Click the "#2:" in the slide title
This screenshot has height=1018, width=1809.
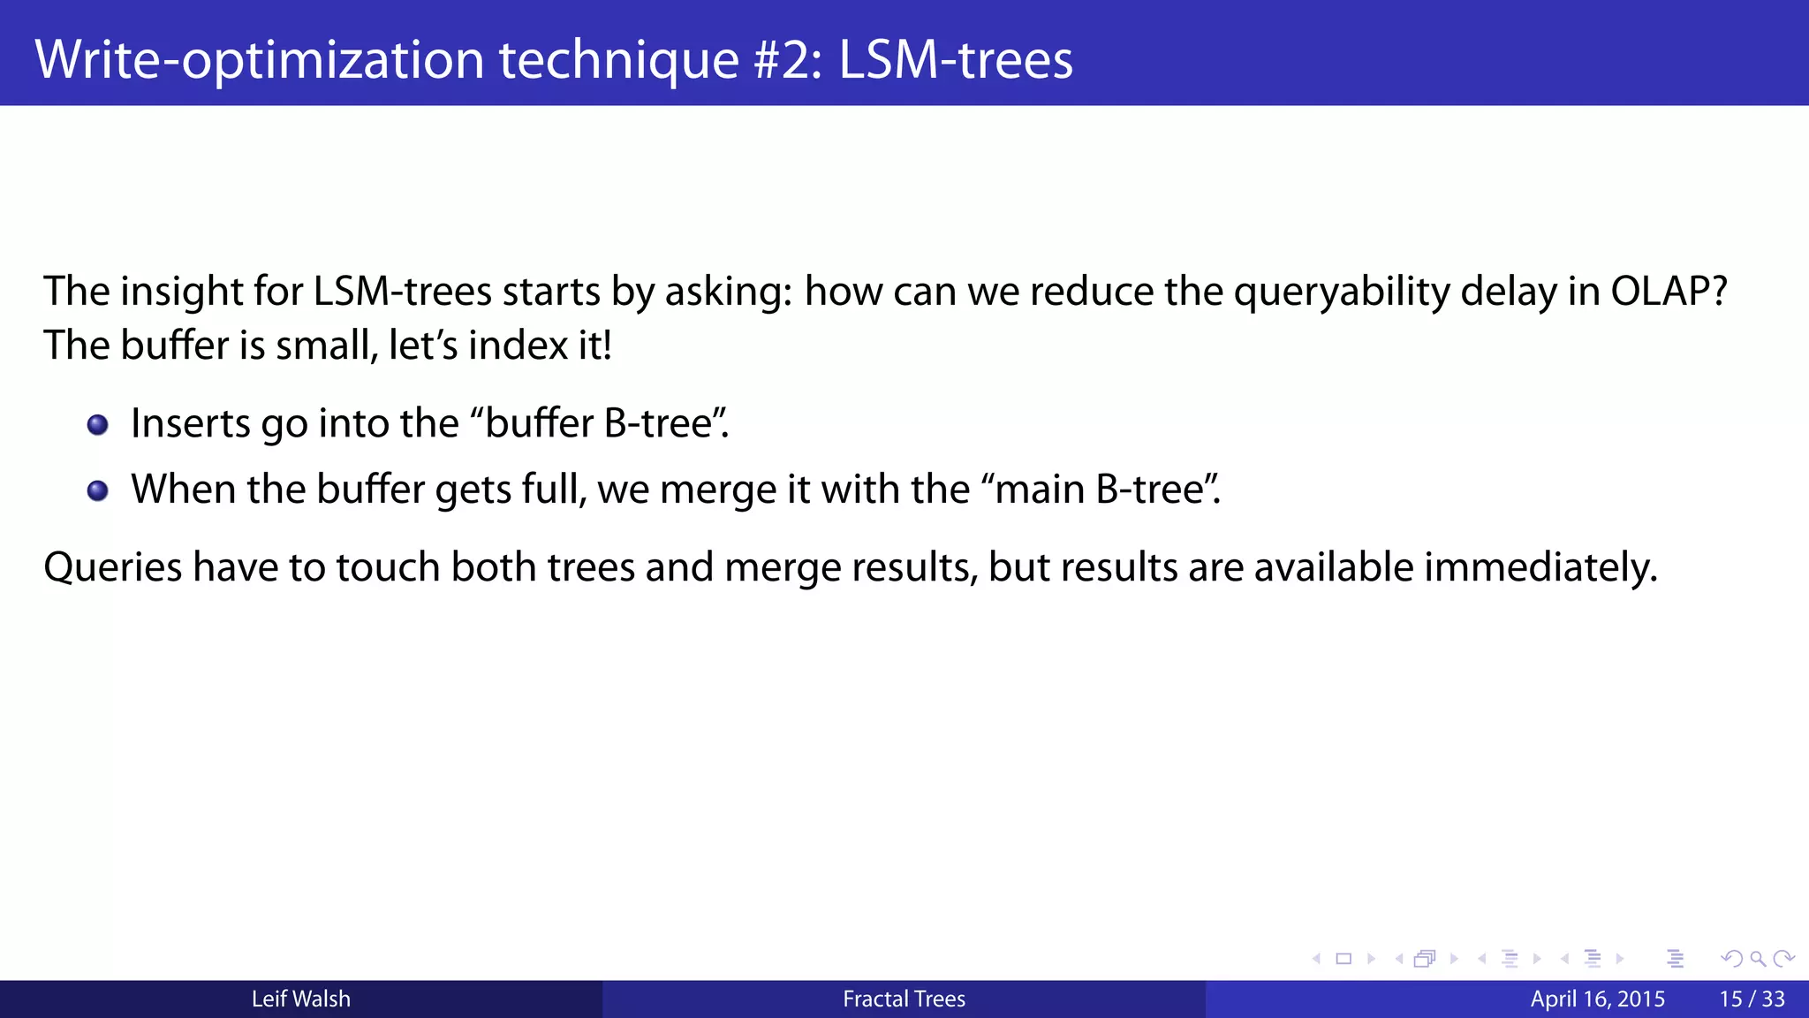(x=788, y=59)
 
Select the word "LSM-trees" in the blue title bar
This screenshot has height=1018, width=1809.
(x=955, y=59)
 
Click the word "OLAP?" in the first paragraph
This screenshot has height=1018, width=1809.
(x=1669, y=292)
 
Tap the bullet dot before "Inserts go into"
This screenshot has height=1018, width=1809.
(x=98, y=425)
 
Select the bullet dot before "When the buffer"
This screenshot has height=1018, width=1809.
(x=98, y=490)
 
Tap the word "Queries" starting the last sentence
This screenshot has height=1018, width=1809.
(x=112, y=567)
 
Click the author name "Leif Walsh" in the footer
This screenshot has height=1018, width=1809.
(x=301, y=999)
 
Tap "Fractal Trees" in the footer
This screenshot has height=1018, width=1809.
(x=904, y=999)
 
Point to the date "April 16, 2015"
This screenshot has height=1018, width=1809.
(x=1597, y=999)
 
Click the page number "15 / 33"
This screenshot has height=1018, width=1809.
(x=1752, y=999)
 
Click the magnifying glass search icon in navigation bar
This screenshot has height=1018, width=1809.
(x=1758, y=959)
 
